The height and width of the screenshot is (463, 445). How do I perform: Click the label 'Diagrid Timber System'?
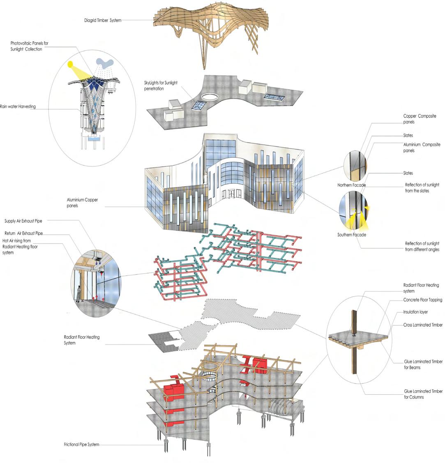pyautogui.click(x=103, y=20)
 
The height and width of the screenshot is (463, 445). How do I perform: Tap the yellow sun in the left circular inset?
pyautogui.click(x=71, y=64)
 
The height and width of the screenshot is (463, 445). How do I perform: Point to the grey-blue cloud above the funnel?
pyautogui.click(x=105, y=63)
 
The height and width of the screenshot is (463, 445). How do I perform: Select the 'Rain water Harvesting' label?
pyautogui.click(x=18, y=107)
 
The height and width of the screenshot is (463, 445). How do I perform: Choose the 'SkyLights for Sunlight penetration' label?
pyautogui.click(x=160, y=86)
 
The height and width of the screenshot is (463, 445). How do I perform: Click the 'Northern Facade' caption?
pyautogui.click(x=351, y=185)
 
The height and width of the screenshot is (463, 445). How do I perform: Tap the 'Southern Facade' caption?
pyautogui.click(x=351, y=235)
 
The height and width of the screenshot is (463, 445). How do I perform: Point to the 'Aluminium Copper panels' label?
pyautogui.click(x=82, y=203)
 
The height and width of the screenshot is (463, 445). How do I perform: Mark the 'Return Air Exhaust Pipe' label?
pyautogui.click(x=23, y=234)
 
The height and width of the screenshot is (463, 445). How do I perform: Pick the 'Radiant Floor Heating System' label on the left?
pyautogui.click(x=81, y=340)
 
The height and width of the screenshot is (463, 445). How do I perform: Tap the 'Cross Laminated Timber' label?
pyautogui.click(x=423, y=325)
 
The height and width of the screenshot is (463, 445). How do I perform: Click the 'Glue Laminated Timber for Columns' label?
pyautogui.click(x=423, y=394)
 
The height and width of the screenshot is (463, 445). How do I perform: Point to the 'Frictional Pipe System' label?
pyautogui.click(x=81, y=444)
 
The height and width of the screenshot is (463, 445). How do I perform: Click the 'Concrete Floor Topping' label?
pyautogui.click(x=422, y=300)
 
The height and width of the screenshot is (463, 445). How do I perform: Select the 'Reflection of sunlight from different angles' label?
pyautogui.click(x=422, y=247)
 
